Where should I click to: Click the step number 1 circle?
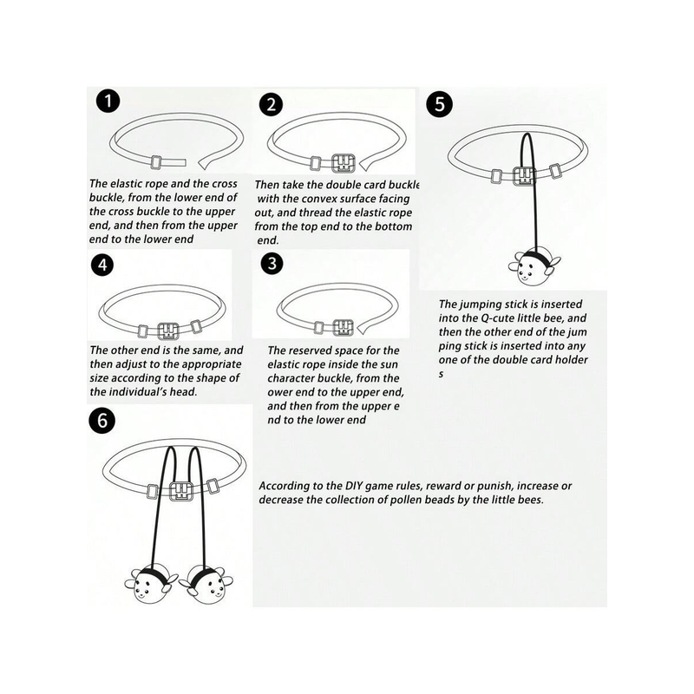tap(108, 101)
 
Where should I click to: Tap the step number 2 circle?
tap(271, 105)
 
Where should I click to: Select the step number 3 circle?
tap(272, 264)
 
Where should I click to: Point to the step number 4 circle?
tap(102, 265)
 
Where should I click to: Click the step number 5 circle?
tap(439, 104)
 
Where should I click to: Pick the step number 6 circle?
tap(102, 420)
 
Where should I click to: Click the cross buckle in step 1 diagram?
tap(155, 162)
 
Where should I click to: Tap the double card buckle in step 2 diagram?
tap(344, 163)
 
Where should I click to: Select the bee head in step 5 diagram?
tap(534, 268)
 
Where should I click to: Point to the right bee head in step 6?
tap(207, 586)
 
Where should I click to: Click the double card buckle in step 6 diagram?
tap(182, 490)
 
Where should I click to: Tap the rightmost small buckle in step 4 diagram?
tap(196, 327)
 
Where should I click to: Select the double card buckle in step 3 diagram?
tap(343, 328)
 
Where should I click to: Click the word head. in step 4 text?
tap(183, 392)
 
